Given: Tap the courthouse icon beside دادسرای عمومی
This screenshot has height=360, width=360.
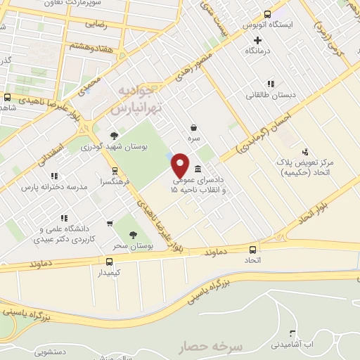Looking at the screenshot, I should pos(198,169).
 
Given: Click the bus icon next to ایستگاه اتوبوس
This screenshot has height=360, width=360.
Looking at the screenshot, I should pos(267,13).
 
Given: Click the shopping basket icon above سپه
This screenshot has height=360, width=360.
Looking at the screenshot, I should pos(193,128).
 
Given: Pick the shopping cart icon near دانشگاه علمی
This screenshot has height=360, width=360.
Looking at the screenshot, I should pos(110,224).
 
